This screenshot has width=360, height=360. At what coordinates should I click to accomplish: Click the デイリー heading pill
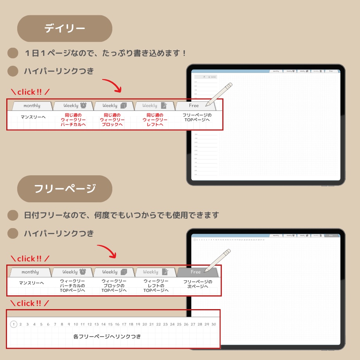[x=65, y=29]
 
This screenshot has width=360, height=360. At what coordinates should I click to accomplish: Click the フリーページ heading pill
[x=65, y=189]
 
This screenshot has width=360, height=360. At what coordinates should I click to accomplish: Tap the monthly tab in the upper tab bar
[x=32, y=106]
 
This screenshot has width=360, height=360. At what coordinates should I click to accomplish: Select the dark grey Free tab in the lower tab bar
[x=196, y=272]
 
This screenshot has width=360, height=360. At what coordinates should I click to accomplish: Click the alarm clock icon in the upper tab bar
[x=83, y=105]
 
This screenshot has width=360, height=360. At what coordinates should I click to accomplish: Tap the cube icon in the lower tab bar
[x=124, y=272]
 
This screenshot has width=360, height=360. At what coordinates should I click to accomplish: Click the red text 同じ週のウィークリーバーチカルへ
[x=73, y=120]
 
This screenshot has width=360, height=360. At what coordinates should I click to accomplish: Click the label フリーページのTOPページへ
[x=197, y=117]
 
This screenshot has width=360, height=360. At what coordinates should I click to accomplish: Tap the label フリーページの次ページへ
[x=198, y=284]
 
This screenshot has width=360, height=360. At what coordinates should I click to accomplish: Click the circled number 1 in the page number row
[x=14, y=324]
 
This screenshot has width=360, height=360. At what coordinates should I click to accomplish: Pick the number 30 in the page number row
[x=214, y=324]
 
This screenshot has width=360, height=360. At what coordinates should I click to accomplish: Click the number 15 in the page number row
[x=110, y=324]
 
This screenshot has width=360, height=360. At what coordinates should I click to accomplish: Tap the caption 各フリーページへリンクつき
[x=107, y=337]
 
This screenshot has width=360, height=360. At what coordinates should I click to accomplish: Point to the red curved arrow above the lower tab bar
[x=107, y=251]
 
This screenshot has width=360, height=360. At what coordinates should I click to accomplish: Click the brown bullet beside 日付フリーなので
[x=13, y=215]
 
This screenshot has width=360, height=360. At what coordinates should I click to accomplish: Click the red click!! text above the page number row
[x=30, y=303]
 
